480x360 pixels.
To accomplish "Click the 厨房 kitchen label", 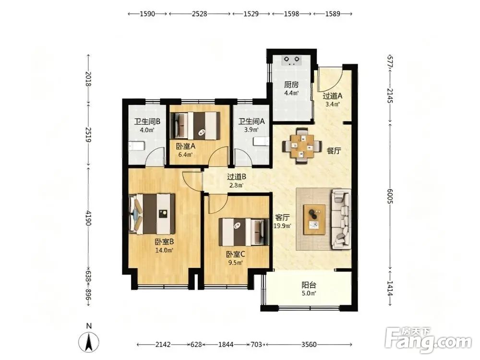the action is coord(291,84).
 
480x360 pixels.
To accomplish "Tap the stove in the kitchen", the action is coord(292,60).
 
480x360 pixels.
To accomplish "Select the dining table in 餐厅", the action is coord(302,146).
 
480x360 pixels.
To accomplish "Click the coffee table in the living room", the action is coord(315,220).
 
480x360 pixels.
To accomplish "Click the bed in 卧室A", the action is coord(195,126).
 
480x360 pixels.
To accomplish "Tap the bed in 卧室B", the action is coord(152,214).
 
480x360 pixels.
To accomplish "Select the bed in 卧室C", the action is coord(244,232).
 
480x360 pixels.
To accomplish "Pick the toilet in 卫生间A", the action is coord(261,142).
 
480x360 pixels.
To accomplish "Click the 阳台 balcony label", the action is coord(309,285).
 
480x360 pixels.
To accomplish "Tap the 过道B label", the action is coord(237,177).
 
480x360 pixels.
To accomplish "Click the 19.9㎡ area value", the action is coord(282,226).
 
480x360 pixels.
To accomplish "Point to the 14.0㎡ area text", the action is coord(164,250).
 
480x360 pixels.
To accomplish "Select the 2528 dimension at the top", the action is coord(199,14).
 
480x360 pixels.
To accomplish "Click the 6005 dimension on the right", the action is coord(390,195).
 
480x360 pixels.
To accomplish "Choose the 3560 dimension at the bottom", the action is coord(309,345).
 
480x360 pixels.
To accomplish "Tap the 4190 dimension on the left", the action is coord(88,218).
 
